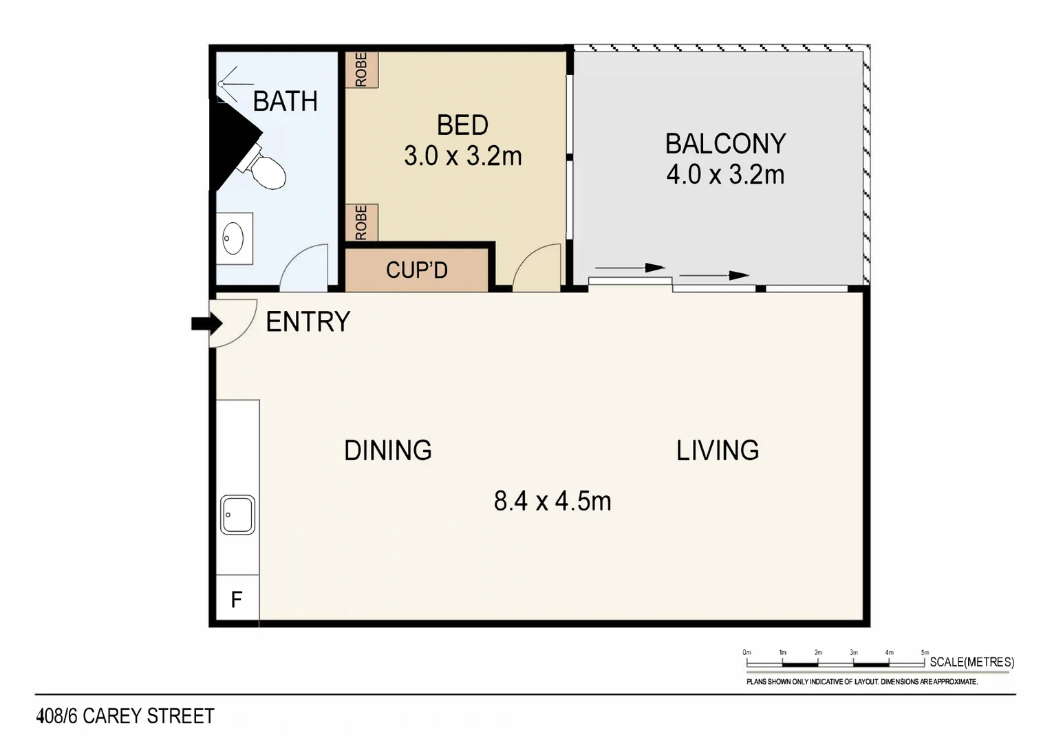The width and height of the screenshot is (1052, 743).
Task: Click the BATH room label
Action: pyautogui.click(x=285, y=101)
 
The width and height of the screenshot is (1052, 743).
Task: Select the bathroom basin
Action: pyautogui.click(x=233, y=238)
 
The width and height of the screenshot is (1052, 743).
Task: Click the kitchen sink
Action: pyautogui.click(x=237, y=515)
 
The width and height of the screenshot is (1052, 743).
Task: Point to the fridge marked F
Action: pyautogui.click(x=237, y=600)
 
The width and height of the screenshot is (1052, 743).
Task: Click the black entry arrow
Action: pyautogui.click(x=206, y=323)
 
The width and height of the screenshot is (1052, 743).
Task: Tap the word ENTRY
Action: pyautogui.click(x=308, y=322)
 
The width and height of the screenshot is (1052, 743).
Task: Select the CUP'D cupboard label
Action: pyautogui.click(x=416, y=270)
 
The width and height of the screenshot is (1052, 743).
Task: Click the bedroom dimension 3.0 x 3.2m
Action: pyautogui.click(x=462, y=156)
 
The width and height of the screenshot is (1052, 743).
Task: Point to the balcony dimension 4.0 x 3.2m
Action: pyautogui.click(x=725, y=175)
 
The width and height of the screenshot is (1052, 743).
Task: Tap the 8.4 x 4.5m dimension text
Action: pyautogui.click(x=552, y=501)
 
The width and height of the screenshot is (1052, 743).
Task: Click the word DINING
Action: pyautogui.click(x=388, y=451)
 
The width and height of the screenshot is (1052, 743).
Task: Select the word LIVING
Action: pyautogui.click(x=717, y=451)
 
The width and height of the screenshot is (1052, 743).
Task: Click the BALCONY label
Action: pyautogui.click(x=725, y=144)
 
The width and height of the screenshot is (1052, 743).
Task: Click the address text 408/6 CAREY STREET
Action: pyautogui.click(x=125, y=716)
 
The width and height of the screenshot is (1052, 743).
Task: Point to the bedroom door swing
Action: pyautogui.click(x=537, y=268)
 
